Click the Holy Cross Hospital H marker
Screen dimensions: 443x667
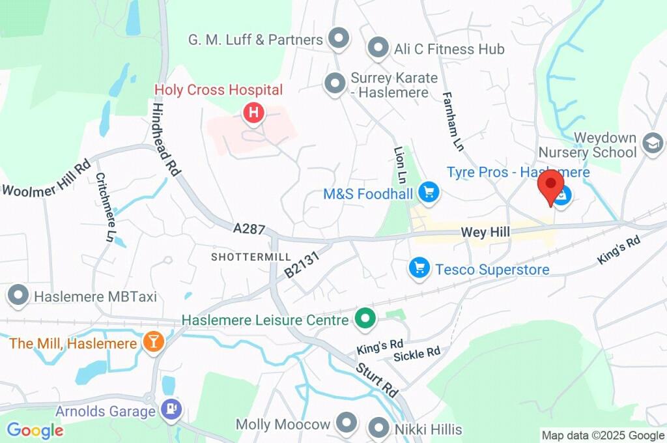click(253, 113)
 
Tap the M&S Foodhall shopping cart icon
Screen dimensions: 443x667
click(429, 192)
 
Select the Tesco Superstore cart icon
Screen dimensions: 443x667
click(419, 267)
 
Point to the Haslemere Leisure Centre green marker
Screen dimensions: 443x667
click(365, 319)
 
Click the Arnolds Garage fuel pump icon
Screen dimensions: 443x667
click(172, 410)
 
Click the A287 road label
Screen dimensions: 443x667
click(249, 229)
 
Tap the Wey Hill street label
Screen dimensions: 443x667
click(485, 232)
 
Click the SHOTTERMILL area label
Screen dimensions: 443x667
click(251, 257)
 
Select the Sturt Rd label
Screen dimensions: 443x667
click(376, 380)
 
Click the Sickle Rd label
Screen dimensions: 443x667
click(417, 354)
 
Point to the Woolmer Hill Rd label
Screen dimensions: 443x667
click(46, 177)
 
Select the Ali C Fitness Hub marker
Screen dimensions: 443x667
click(378, 48)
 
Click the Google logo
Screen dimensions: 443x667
click(35, 430)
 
